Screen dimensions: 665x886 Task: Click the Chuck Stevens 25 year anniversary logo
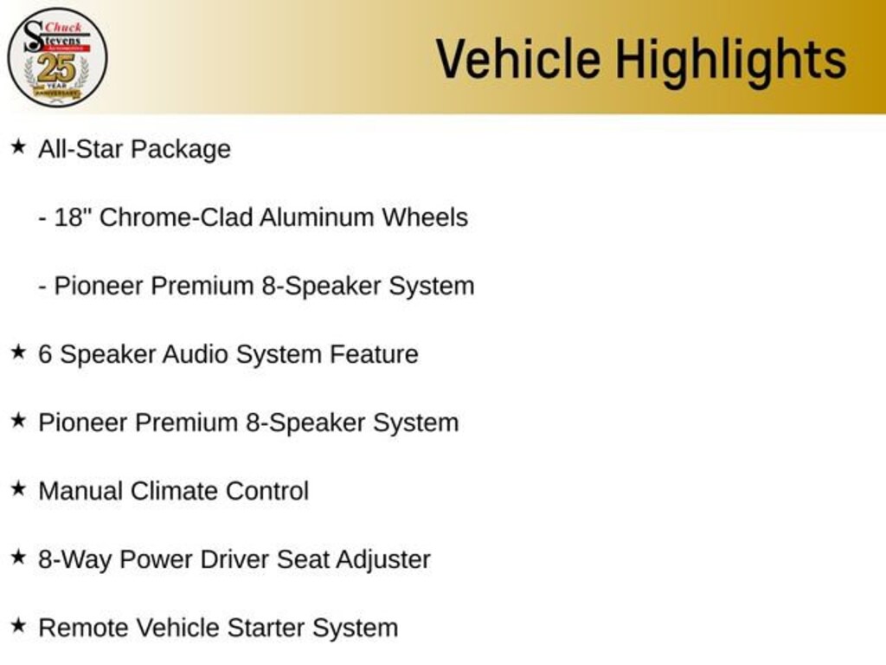point(57,57)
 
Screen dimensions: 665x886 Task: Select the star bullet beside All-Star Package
point(18,147)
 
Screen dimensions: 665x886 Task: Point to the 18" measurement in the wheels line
point(73,217)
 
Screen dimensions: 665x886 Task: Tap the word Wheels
point(425,217)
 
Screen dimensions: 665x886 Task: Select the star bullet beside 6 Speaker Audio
point(18,352)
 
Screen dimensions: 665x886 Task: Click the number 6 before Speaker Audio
point(45,354)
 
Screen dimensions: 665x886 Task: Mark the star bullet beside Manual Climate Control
point(18,489)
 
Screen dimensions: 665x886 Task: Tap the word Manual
point(80,491)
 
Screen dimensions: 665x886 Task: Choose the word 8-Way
point(74,560)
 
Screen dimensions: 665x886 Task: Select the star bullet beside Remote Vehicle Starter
point(18,626)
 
